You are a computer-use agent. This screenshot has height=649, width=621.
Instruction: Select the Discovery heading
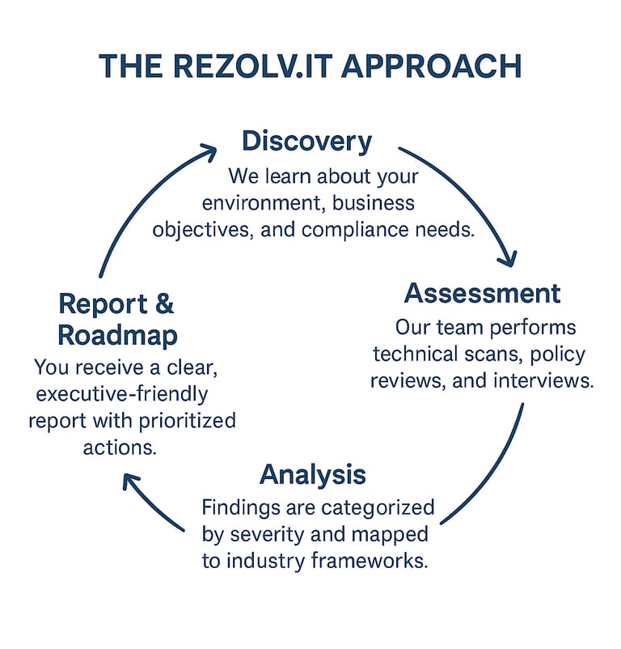click(306, 142)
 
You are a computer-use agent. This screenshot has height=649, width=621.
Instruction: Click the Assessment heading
click(482, 293)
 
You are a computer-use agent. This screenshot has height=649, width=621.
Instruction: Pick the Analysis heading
click(312, 474)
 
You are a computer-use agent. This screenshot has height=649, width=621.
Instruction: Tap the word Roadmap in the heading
click(118, 335)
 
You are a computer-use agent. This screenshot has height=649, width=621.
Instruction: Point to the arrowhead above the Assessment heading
click(508, 257)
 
